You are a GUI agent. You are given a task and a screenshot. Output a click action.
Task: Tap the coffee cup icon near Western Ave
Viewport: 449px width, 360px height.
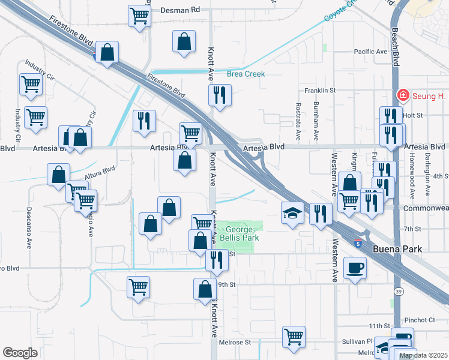(x=355, y=268)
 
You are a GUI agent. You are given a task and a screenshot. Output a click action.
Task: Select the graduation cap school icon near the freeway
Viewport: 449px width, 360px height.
(x=292, y=213)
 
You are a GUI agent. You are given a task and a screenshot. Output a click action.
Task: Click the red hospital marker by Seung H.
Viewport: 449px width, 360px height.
(x=403, y=95)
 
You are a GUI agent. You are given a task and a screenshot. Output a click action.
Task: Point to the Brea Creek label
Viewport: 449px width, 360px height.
(x=246, y=74)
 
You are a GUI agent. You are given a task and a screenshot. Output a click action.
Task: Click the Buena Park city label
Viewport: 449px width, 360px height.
(x=397, y=249)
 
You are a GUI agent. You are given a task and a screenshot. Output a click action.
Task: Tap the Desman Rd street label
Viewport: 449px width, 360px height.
(x=183, y=10)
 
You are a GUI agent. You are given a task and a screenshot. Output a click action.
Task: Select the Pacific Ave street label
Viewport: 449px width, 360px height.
(x=370, y=52)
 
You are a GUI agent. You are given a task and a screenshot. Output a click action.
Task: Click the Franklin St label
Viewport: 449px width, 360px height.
(x=319, y=91)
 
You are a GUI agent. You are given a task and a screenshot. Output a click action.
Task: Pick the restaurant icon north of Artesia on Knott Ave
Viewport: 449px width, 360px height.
(x=219, y=95)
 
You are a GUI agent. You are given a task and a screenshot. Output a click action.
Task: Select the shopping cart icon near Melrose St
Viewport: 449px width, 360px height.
(x=294, y=337)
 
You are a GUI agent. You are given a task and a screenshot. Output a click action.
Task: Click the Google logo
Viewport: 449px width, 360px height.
(x=20, y=353)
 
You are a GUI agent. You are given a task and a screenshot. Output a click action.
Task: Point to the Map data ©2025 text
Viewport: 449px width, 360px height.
(x=423, y=356)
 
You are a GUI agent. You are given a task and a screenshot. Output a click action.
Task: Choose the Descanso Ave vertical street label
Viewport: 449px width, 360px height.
(x=28, y=228)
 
